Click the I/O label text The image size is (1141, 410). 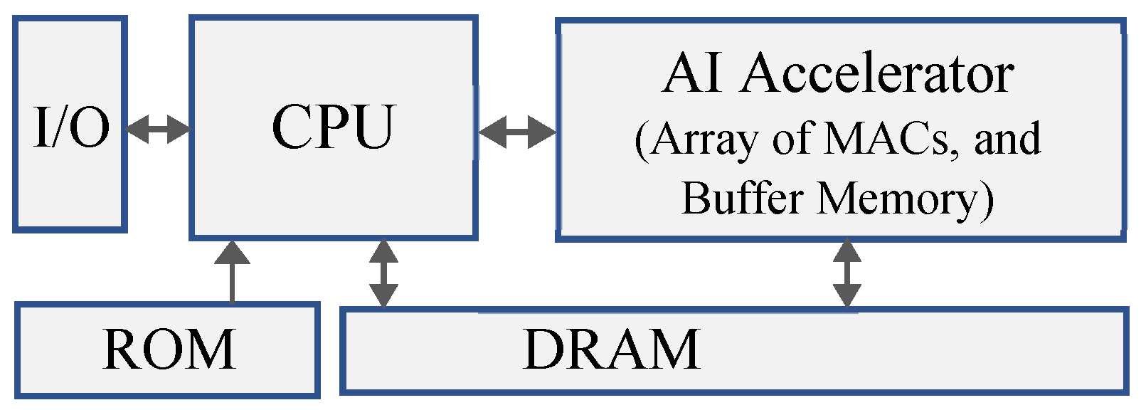[72, 128]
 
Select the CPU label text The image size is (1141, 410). [333, 127]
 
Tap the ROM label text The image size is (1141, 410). [169, 349]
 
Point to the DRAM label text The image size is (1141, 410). [612, 349]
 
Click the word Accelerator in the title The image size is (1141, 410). [877, 73]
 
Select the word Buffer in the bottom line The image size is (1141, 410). [743, 198]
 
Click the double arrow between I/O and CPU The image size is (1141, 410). [158, 130]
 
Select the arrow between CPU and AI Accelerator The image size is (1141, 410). [517, 132]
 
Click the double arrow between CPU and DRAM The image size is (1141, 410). [383, 273]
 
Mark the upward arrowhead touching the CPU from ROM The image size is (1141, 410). [232, 252]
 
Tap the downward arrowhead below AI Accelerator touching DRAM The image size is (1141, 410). [847, 295]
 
